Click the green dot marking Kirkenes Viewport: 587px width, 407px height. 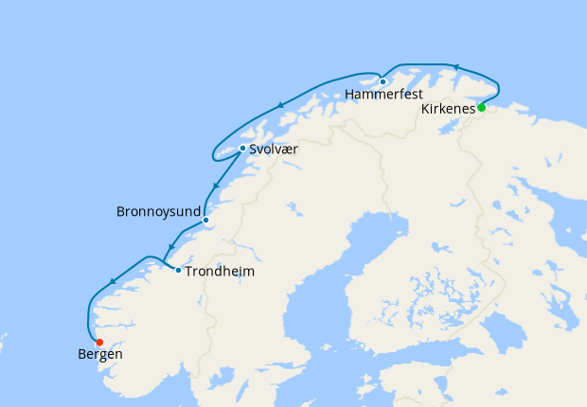[481, 108]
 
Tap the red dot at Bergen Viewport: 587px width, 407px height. [99, 342]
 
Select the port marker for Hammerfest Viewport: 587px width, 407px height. [382, 81]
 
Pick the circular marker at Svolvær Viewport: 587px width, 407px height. [242, 148]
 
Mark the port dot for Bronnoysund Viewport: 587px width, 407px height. [205, 221]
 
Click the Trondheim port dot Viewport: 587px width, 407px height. [178, 271]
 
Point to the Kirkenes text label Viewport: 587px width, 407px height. [447, 110]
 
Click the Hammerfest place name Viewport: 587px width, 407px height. [383, 95]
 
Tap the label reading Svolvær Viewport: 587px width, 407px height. [274, 149]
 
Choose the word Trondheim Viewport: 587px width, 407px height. [220, 272]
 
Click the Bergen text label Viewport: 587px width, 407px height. [99, 355]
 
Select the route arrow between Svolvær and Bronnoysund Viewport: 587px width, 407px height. [217, 186]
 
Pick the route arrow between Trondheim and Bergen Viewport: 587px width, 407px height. [113, 281]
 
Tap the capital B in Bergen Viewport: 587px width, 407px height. [81, 355]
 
